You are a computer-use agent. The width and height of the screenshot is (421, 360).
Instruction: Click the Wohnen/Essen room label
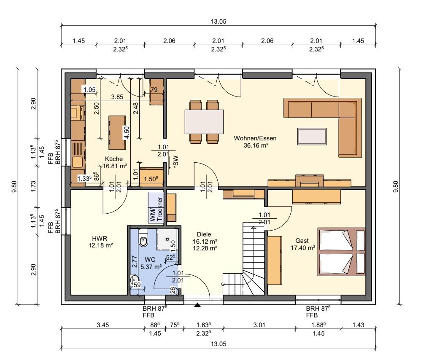(255, 138)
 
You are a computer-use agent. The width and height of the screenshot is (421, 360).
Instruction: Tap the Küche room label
(114, 159)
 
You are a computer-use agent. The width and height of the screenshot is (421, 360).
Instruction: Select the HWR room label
(100, 238)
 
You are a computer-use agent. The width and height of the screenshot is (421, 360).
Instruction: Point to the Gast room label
(302, 241)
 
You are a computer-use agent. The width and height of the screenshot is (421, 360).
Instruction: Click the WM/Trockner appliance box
(156, 207)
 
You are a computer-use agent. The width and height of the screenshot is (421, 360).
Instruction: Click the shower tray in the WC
(167, 239)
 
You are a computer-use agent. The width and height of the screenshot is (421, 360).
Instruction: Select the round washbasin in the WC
(134, 280)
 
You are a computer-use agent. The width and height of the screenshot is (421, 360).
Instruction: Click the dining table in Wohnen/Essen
(204, 121)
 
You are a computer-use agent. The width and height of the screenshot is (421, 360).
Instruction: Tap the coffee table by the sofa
(312, 136)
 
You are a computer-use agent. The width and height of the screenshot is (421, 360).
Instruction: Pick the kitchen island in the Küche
(117, 132)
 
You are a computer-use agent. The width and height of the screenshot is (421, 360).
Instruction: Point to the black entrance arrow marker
(197, 305)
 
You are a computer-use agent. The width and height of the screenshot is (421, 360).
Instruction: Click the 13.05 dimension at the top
(218, 21)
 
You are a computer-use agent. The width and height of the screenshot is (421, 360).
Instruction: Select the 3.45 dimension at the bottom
(103, 325)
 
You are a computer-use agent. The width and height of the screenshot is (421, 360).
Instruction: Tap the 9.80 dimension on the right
(396, 187)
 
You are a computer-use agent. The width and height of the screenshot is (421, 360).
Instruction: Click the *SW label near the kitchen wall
(176, 161)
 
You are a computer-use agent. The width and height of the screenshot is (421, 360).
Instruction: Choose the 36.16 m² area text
(256, 145)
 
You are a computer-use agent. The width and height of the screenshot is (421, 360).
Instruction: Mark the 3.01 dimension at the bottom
(259, 325)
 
